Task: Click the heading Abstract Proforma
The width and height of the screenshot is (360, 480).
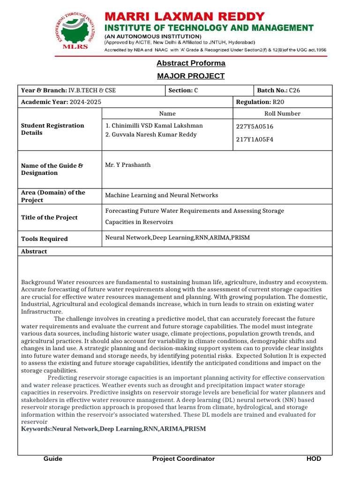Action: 191,63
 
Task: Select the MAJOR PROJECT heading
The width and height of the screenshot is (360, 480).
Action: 191,76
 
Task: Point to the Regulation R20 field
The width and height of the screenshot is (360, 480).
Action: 260,102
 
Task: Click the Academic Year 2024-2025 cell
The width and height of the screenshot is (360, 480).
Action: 61,102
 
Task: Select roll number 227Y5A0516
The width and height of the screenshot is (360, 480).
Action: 255,127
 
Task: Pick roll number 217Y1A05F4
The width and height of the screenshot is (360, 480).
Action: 255,140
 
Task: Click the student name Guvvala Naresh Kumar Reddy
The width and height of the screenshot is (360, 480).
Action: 151,135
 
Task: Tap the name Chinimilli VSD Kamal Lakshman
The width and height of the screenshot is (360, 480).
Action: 154,126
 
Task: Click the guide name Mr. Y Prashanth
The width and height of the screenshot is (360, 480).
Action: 128,165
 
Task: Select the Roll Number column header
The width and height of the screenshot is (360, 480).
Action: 282,114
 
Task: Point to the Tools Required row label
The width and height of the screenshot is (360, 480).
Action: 45,239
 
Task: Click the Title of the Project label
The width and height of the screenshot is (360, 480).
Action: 49,217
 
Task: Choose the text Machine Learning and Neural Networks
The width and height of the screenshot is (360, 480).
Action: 161,195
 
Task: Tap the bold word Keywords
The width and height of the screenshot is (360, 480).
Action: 37,429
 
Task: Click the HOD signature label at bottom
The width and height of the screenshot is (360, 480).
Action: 314,459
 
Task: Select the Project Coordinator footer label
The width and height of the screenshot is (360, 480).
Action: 183,459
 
